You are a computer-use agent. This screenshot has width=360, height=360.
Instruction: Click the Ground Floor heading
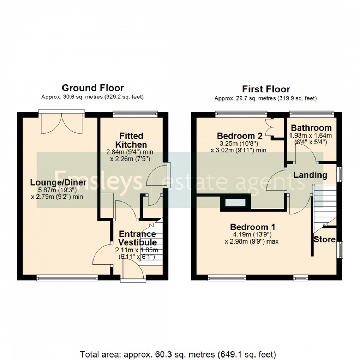coord(93,88)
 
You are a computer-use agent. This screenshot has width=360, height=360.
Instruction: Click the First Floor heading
coord(266,89)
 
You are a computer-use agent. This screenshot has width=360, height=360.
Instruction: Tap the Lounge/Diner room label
coord(58,182)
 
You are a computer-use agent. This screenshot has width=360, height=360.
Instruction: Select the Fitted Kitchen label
coord(131,140)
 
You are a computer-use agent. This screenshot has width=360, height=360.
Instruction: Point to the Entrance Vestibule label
coord(137,238)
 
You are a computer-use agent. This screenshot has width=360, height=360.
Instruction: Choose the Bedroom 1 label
coord(253,227)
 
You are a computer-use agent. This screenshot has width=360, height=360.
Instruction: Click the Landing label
coord(310,175)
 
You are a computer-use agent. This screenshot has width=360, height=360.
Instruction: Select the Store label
coord(324,240)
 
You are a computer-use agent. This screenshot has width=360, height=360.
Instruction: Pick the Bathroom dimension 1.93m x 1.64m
coord(311,136)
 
